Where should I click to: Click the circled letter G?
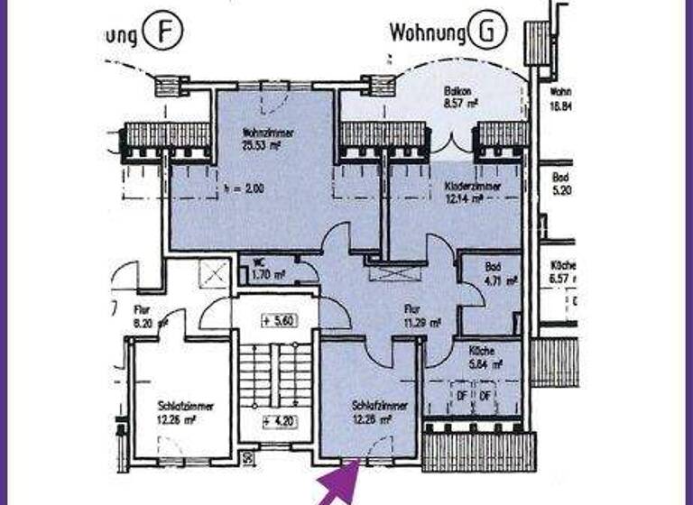(488, 33)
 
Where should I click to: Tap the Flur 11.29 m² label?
(421, 316)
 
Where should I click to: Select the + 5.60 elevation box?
(279, 321)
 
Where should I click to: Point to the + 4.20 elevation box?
(279, 420)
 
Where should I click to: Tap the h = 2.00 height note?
(241, 190)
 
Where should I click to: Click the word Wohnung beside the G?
(427, 33)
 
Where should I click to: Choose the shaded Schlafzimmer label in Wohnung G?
(381, 412)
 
